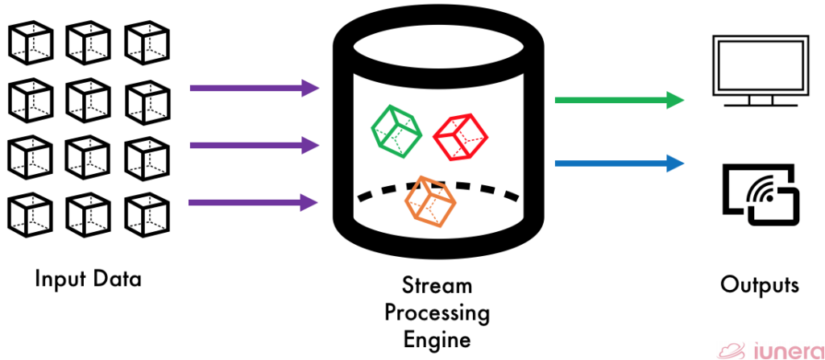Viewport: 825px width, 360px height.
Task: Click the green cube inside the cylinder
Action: click(x=396, y=127)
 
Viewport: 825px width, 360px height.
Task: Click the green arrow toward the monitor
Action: click(x=619, y=101)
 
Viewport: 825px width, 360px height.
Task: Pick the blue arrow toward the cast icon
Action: click(x=619, y=163)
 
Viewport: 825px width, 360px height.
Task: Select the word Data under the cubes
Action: click(x=115, y=279)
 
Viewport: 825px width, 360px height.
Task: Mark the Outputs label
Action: click(x=759, y=285)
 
